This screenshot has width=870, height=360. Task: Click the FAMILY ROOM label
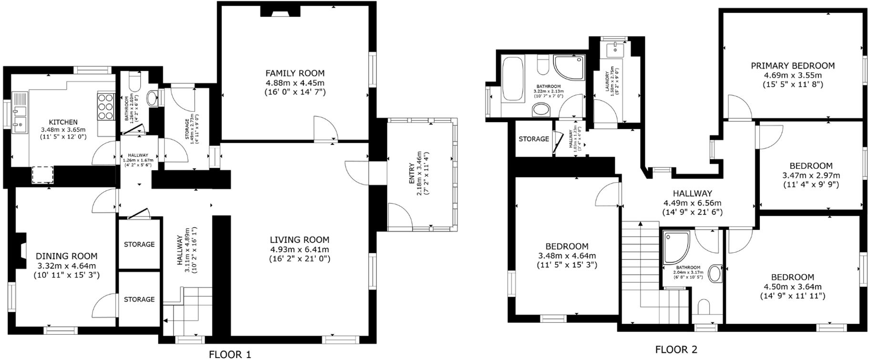click(x=295, y=73)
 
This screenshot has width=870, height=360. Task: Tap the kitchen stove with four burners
click(x=106, y=106)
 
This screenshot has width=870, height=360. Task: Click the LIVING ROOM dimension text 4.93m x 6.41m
click(x=300, y=249)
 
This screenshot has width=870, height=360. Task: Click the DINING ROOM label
click(x=67, y=256)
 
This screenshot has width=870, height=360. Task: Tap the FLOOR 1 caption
click(x=230, y=354)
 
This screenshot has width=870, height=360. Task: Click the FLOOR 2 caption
click(x=676, y=350)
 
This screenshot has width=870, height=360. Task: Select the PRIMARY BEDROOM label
click(x=793, y=66)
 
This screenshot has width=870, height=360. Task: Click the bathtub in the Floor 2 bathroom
click(x=513, y=79)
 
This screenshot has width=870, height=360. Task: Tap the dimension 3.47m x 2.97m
click(x=811, y=175)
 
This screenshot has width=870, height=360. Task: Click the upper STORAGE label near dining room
click(x=139, y=244)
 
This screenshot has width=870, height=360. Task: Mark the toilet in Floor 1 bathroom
click(x=135, y=83)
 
